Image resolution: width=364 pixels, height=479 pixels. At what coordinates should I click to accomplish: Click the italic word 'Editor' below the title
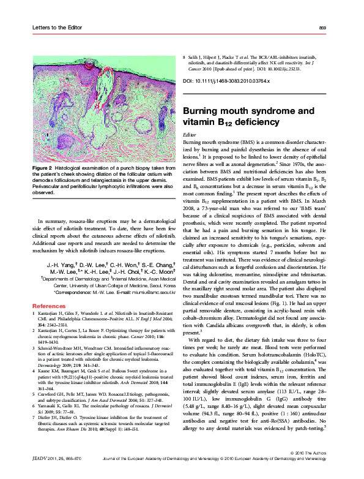coord(190,133)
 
